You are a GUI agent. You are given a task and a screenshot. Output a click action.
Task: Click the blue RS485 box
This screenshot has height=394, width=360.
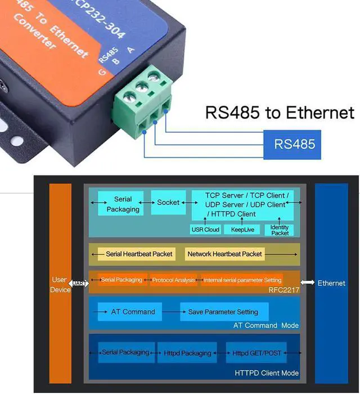[294, 144]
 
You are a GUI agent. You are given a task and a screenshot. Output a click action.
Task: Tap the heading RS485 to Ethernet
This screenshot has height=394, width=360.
[280, 112]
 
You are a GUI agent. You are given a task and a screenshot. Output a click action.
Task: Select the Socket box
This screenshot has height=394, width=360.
[168, 203]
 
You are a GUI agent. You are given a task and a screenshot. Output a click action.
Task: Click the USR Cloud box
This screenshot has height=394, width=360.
[205, 230]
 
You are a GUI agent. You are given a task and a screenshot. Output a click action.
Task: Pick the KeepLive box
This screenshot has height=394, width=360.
[242, 230]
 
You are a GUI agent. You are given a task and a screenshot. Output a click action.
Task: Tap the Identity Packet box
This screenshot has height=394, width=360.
[280, 230]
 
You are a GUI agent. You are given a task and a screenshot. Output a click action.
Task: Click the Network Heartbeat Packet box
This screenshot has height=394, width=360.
[224, 254]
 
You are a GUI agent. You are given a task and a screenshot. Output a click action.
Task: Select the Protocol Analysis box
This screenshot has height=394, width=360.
[173, 280]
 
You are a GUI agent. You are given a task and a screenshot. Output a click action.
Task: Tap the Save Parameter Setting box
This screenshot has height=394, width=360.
[223, 312]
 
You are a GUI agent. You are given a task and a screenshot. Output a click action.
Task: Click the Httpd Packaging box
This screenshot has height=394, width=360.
[188, 353]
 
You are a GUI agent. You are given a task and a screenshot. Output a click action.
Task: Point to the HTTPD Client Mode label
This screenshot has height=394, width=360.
[267, 373]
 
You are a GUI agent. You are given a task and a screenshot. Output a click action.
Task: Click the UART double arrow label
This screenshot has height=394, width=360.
[79, 283]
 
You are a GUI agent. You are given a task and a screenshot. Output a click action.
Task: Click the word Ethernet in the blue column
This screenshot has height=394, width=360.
[331, 283]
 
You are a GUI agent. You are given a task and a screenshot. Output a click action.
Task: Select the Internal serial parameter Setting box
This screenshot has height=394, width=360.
[242, 280]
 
